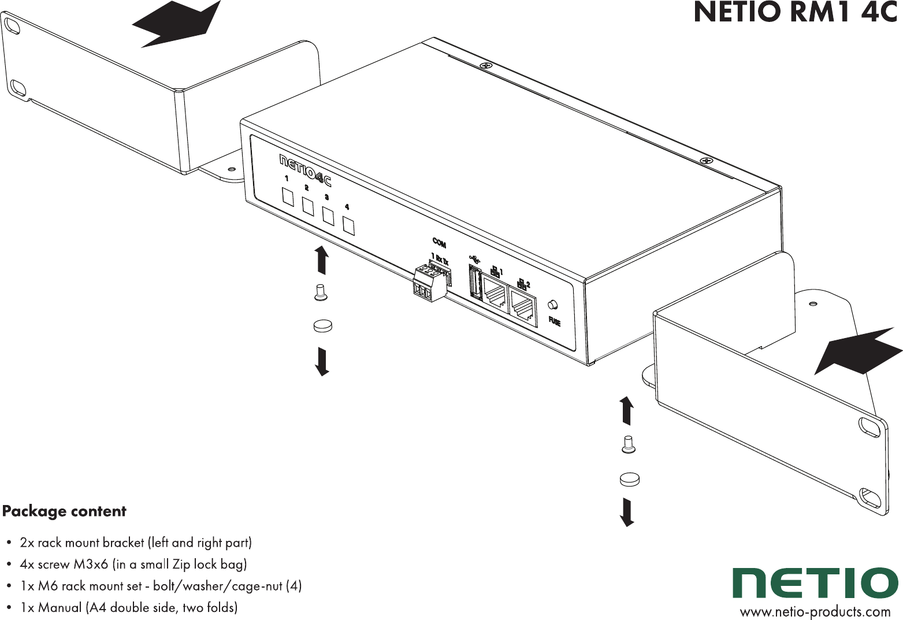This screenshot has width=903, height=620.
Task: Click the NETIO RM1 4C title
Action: pyautogui.click(x=796, y=13)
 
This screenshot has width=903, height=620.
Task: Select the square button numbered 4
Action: pyautogui.click(x=348, y=225)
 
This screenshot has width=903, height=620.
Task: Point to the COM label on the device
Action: pyautogui.click(x=439, y=242)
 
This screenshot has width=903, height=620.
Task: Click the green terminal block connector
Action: pyautogui.click(x=429, y=283)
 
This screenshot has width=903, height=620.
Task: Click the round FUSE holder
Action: pyautogui.click(x=553, y=305)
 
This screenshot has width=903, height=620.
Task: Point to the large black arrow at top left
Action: pyautogui.click(x=176, y=24)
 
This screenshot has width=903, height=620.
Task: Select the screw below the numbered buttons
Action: pyautogui.click(x=321, y=292)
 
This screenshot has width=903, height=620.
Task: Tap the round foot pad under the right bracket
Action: pyautogui.click(x=629, y=479)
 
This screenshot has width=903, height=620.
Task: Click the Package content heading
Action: pyautogui.click(x=64, y=511)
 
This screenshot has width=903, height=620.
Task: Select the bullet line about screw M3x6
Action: pyautogui.click(x=133, y=565)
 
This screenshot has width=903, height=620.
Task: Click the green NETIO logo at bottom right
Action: pyautogui.click(x=815, y=583)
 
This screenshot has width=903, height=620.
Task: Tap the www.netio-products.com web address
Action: pyautogui.click(x=815, y=612)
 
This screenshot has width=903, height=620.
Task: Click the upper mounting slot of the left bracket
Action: pyautogui.click(x=12, y=25)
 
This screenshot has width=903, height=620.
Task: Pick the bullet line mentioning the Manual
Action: pyautogui.click(x=128, y=608)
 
